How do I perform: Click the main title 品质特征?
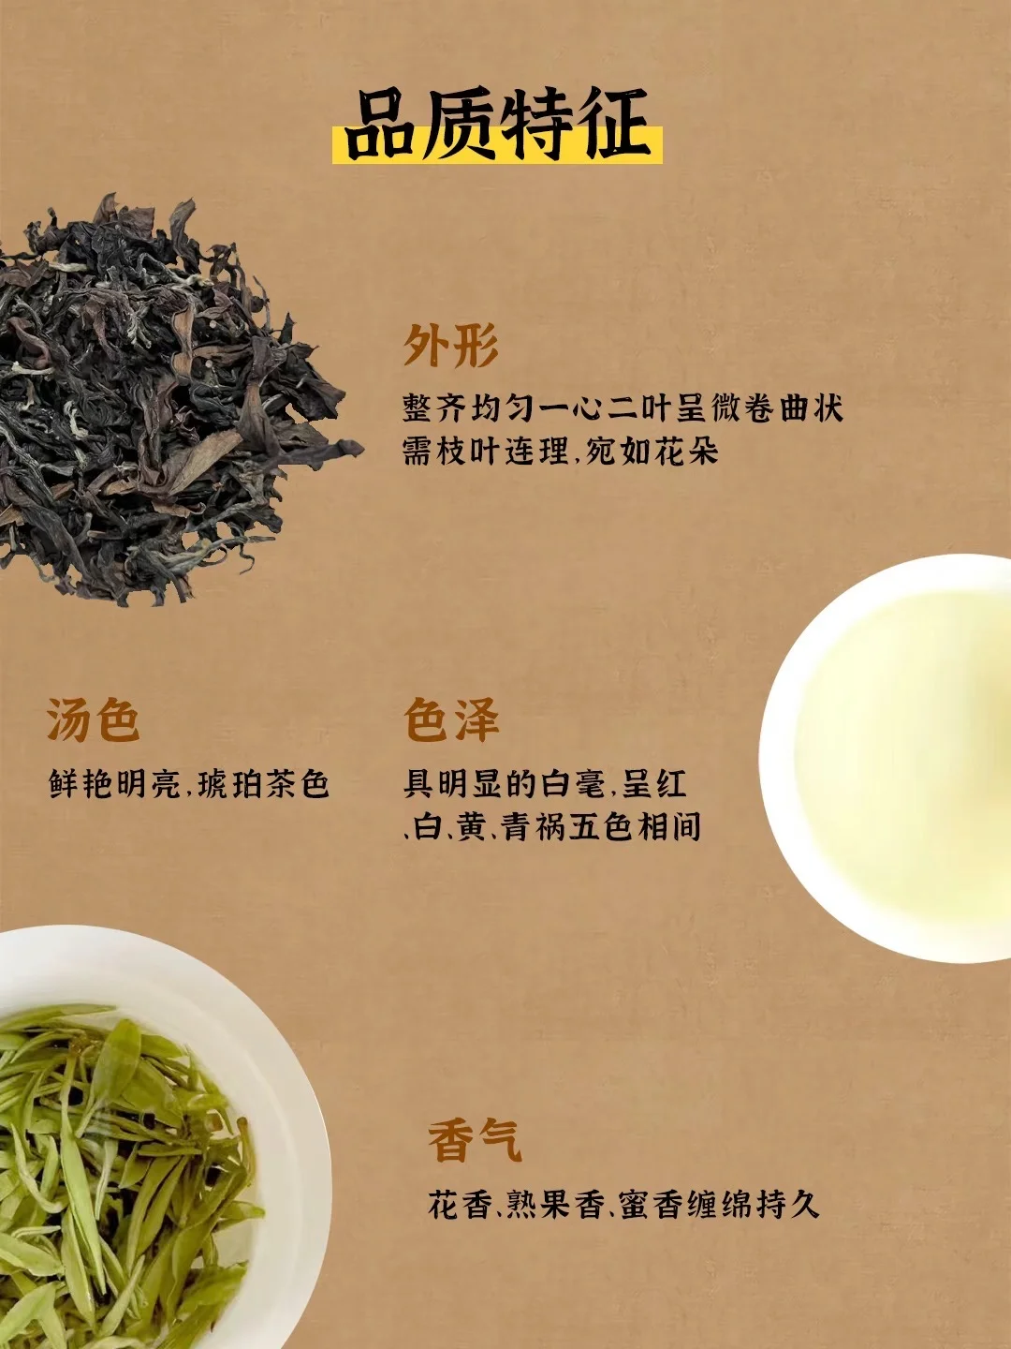498,125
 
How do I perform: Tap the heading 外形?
451,347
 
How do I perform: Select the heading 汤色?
94,719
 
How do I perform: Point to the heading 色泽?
451,719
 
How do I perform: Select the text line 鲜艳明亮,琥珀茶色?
189,784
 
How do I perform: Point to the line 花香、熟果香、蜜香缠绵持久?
623,1204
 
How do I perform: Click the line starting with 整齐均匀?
623,408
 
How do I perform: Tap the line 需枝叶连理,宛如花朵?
561,452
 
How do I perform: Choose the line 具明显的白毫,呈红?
545,784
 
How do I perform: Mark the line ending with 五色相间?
552,827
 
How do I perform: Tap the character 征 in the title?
616,125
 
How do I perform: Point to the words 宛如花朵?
652,452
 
